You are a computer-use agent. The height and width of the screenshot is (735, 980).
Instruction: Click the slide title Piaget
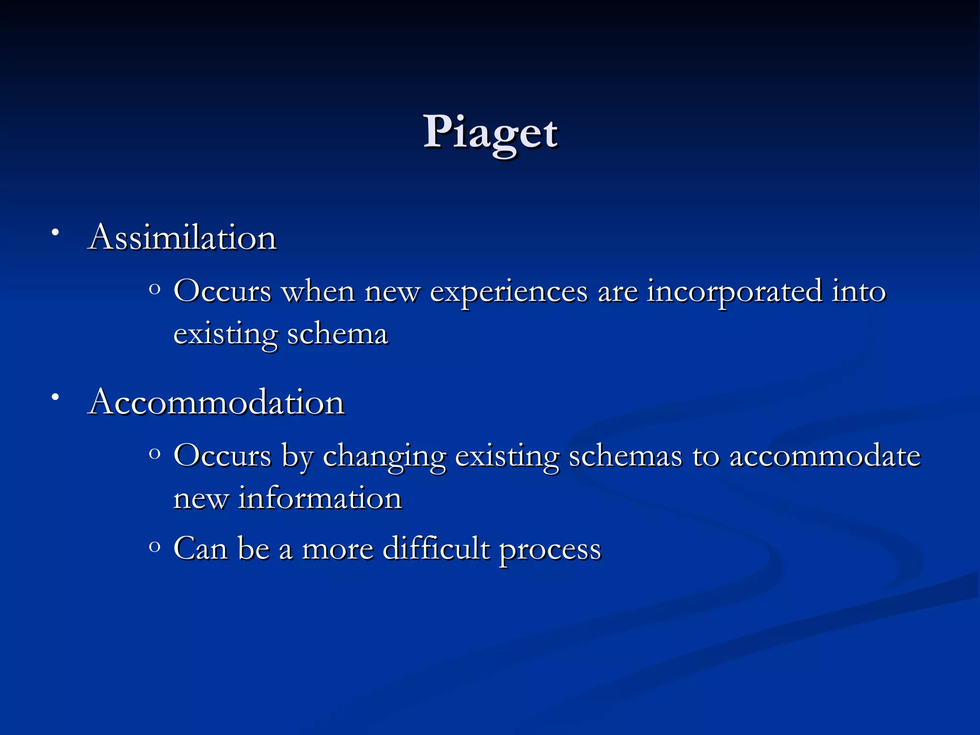pos(490,132)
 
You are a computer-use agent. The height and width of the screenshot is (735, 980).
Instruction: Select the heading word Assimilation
pos(182,237)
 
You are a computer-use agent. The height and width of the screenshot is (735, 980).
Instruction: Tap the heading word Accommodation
pos(216,402)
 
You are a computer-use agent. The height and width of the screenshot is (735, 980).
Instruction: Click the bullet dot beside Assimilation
pos(56,233)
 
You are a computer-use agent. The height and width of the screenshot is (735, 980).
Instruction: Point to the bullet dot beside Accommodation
pos(56,397)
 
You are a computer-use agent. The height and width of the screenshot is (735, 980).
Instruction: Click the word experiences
pos(508,292)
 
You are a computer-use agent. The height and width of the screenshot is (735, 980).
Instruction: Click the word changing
pos(384,457)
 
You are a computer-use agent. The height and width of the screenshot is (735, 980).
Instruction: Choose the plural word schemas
pos(625,456)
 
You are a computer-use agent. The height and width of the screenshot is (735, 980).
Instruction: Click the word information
pos(320,498)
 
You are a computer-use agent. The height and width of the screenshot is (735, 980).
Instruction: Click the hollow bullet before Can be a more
pos(154,546)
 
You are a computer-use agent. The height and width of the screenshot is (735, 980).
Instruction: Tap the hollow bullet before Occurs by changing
pos(154,453)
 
